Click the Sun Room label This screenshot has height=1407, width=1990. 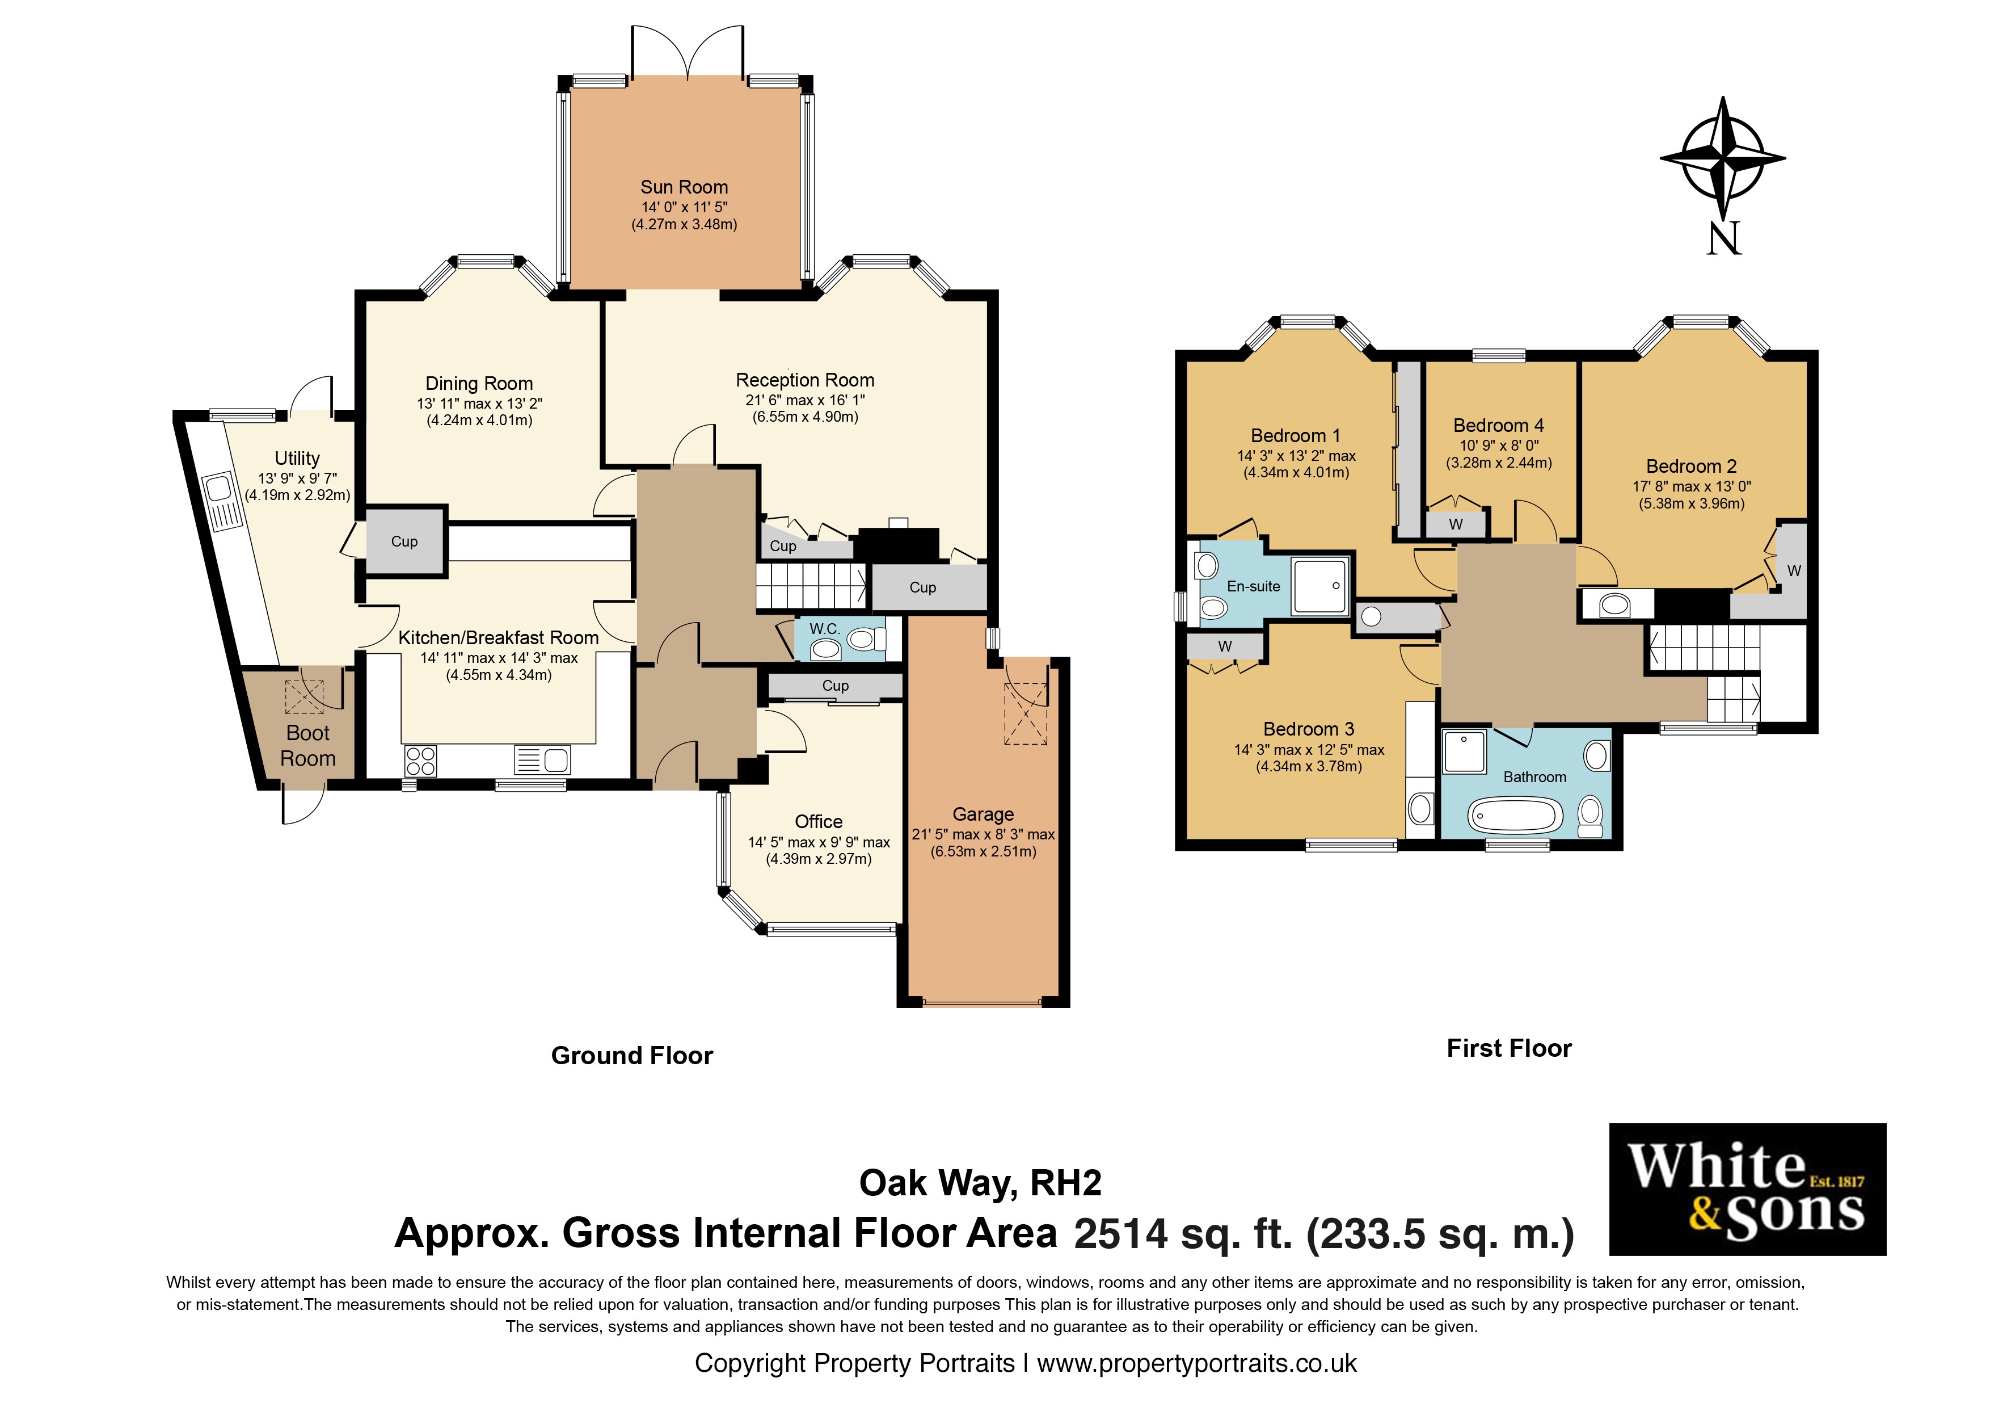tap(684, 187)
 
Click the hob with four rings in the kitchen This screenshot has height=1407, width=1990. tap(420, 761)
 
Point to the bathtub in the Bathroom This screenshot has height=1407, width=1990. tap(1514, 816)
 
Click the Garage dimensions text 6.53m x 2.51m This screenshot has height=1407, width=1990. tap(983, 851)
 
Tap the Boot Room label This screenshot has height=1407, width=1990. tap(307, 746)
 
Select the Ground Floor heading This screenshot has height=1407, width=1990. tap(632, 1056)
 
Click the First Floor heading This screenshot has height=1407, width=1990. tap(1509, 1049)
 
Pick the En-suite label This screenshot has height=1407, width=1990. tap(1253, 587)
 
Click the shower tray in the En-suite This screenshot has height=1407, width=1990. tap(1320, 587)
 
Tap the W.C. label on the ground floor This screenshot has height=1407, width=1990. tap(824, 628)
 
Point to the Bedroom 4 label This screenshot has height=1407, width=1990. tap(1499, 426)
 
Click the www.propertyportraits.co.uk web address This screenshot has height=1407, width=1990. tap(1197, 1364)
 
